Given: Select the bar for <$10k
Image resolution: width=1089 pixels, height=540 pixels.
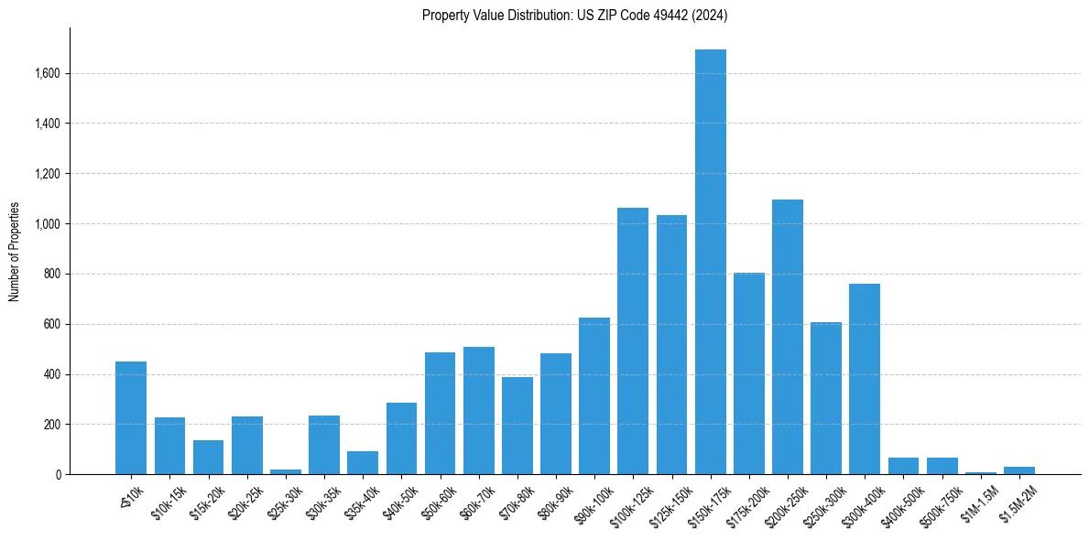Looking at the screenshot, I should coord(131,418).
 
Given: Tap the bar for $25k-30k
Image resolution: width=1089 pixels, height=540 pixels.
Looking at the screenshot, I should coord(286,471).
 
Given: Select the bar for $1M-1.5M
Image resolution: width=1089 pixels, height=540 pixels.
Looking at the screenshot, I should coord(980,472).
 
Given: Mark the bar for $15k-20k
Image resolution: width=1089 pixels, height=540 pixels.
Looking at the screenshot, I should coord(208,458).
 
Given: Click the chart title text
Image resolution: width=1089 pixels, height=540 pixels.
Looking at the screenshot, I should coord(575,15).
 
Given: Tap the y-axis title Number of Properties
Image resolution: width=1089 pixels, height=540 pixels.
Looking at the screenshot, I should coord(15,252).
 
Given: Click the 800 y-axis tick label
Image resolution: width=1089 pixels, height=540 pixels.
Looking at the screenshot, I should coord(53,274).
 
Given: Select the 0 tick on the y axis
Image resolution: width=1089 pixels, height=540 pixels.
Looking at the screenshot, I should coord(58,474).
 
